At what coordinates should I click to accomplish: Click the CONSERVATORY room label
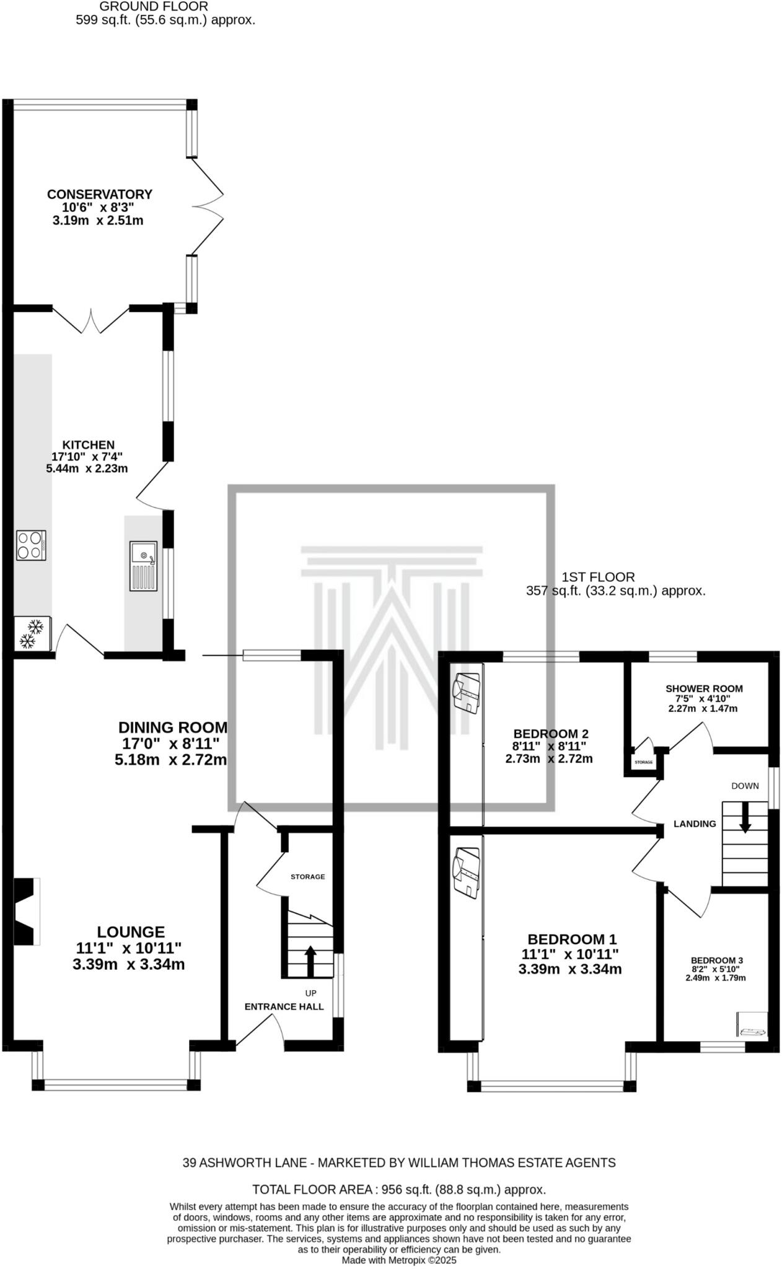point(99,194)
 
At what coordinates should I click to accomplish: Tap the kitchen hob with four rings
point(31,545)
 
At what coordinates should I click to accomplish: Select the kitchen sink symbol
point(143,566)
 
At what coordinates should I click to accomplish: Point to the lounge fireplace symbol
point(27,911)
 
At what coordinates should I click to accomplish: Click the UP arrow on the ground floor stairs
point(310,960)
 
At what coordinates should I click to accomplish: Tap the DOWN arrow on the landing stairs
point(745,817)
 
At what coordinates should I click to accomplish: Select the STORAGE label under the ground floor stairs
point(307,877)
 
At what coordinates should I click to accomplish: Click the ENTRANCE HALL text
point(284,1006)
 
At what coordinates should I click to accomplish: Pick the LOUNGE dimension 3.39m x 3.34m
point(128,964)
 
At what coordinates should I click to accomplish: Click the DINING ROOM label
point(173,727)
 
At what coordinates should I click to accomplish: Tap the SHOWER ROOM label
point(703,688)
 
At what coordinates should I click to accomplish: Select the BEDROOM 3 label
point(717,960)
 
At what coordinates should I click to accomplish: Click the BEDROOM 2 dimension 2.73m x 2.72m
point(548,758)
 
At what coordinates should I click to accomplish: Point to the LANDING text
point(695,823)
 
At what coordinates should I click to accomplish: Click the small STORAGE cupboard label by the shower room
point(643,762)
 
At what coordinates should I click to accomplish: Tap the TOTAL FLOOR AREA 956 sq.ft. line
point(398,1190)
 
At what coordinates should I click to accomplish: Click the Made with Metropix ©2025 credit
point(398,1260)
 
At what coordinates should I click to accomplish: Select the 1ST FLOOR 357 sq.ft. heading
point(615,584)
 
